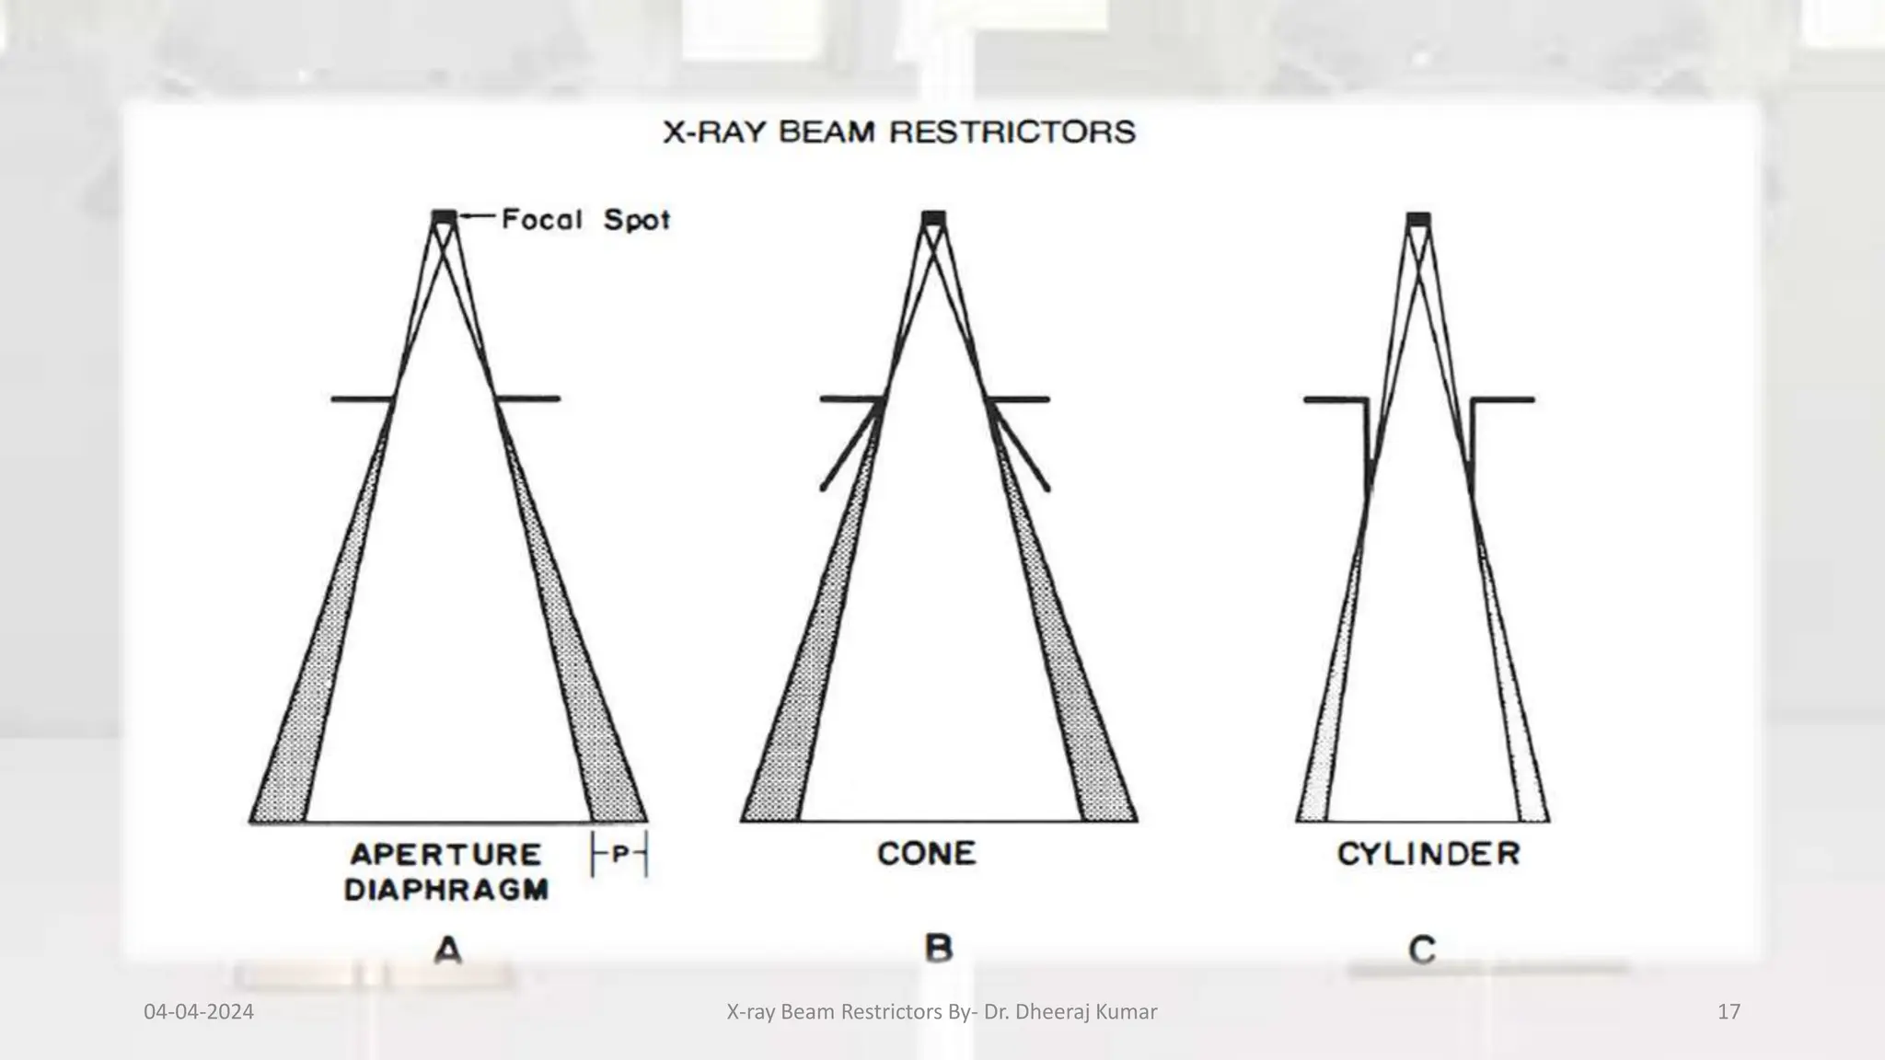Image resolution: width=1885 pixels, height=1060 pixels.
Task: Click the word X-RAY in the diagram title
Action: click(x=716, y=132)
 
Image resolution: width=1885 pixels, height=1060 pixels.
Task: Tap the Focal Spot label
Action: click(x=585, y=220)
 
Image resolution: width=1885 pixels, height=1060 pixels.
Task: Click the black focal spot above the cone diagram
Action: click(x=933, y=217)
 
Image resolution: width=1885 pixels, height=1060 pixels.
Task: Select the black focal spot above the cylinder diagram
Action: click(x=1418, y=218)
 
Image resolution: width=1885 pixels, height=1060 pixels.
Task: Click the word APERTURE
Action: click(x=445, y=854)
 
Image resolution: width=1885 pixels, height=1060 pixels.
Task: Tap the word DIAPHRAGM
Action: click(x=446, y=890)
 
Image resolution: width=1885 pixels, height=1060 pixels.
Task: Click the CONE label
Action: click(x=926, y=854)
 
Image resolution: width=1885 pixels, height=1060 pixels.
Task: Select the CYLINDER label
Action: click(x=1428, y=854)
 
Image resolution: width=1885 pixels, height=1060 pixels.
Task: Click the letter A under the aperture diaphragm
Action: click(x=447, y=949)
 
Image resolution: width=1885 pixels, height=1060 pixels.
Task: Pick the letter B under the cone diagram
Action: click(x=938, y=948)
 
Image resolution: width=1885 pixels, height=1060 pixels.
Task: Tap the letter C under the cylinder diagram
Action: click(x=1422, y=949)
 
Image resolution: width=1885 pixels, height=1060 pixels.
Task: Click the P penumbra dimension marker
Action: click(x=619, y=854)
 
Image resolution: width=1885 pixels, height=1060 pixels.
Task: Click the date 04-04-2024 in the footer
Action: click(x=199, y=1012)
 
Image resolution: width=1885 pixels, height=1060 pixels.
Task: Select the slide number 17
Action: click(x=1729, y=1012)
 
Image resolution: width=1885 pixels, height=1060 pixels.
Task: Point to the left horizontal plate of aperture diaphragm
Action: click(x=362, y=399)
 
